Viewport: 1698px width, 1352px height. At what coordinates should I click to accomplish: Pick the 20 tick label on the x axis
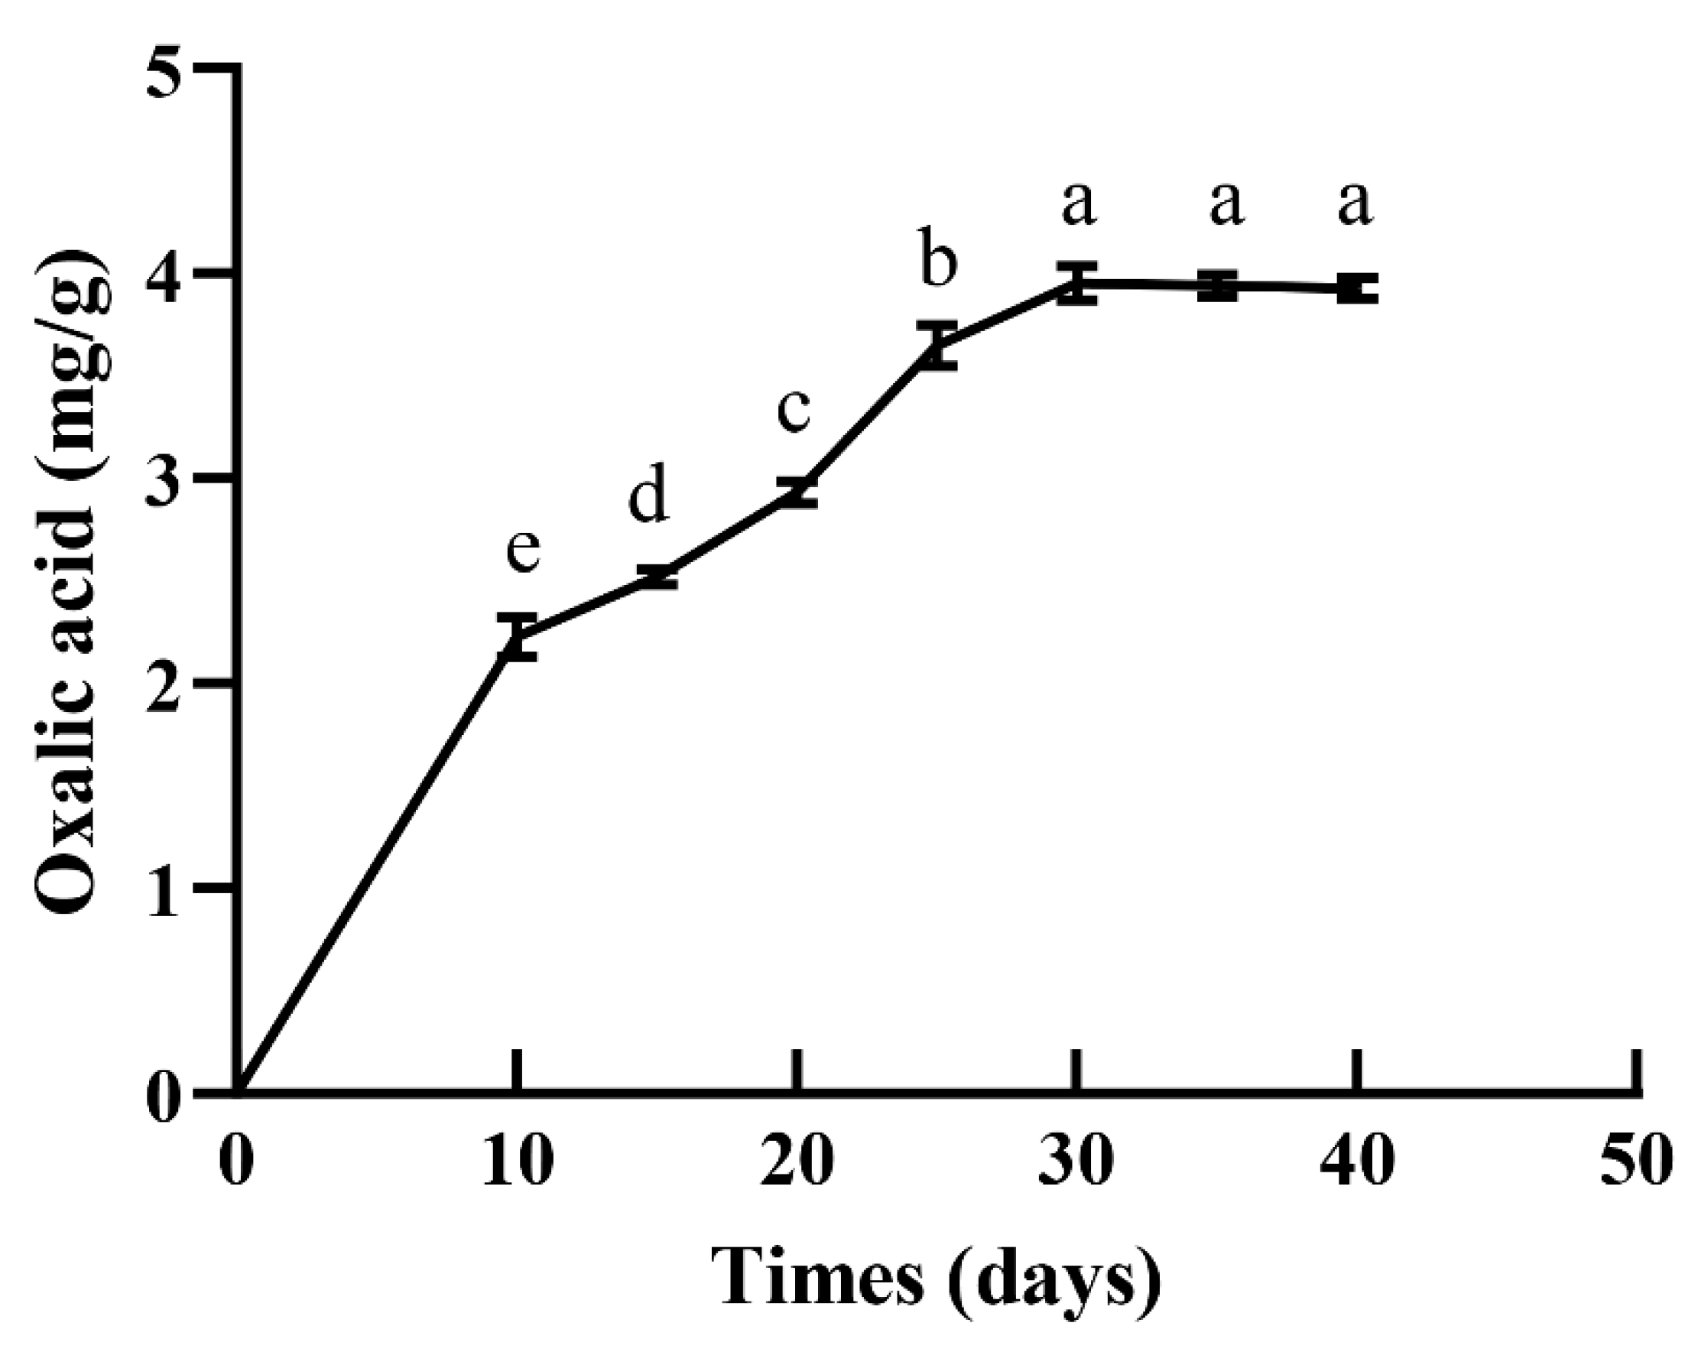coord(797,1162)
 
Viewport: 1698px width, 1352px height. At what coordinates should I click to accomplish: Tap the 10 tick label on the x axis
coord(517,1162)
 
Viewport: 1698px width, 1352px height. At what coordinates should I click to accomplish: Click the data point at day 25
coord(937,345)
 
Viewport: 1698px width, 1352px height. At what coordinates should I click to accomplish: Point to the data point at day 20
coord(797,492)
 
